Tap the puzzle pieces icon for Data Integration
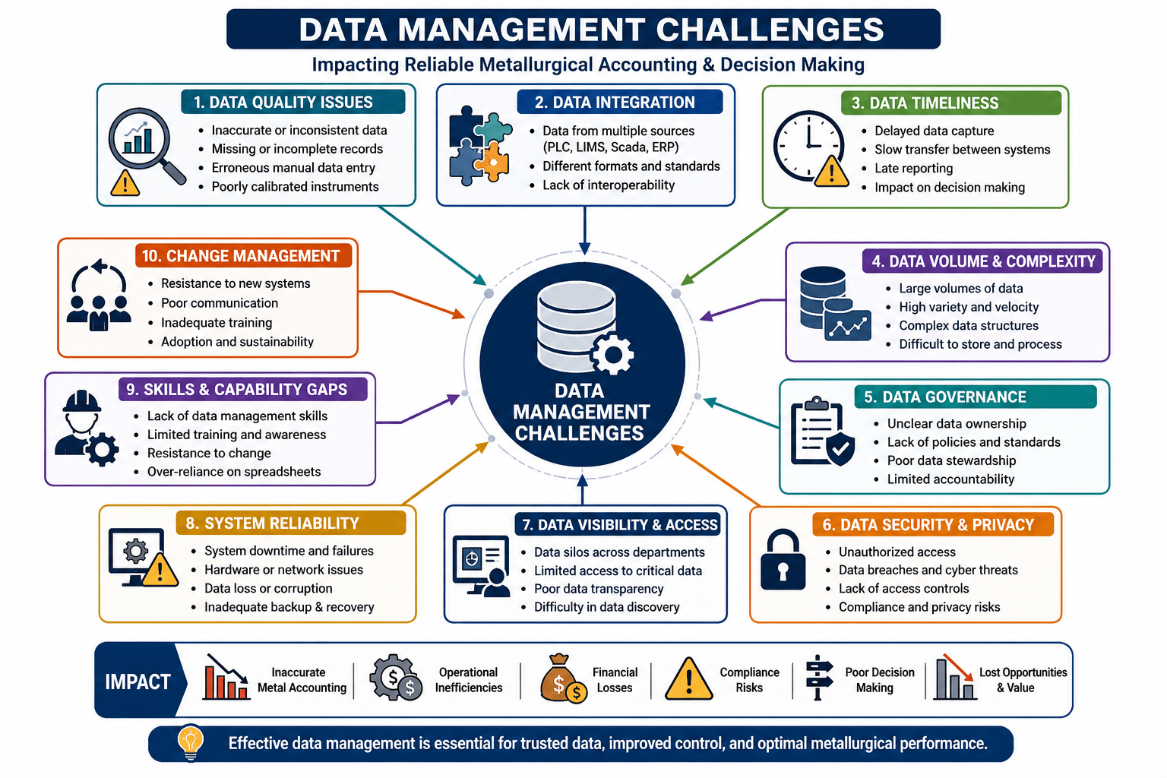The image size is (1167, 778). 479,146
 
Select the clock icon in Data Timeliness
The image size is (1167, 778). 808,145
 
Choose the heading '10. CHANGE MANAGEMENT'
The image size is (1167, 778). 241,256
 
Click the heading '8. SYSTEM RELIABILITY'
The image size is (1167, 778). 273,523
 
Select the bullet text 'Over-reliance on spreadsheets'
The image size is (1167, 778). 234,472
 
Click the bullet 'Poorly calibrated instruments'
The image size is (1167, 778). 295,187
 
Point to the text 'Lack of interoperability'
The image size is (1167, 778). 609,185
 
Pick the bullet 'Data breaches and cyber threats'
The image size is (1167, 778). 928,570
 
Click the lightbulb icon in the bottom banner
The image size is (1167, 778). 191,742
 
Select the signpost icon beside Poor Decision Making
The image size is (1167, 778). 818,678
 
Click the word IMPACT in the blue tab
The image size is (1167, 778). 138,682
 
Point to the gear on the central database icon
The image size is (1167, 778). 612,354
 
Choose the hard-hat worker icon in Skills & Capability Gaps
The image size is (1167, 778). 86,427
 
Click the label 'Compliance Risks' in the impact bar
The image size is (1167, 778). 749,680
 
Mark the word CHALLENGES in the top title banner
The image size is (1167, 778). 770,29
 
